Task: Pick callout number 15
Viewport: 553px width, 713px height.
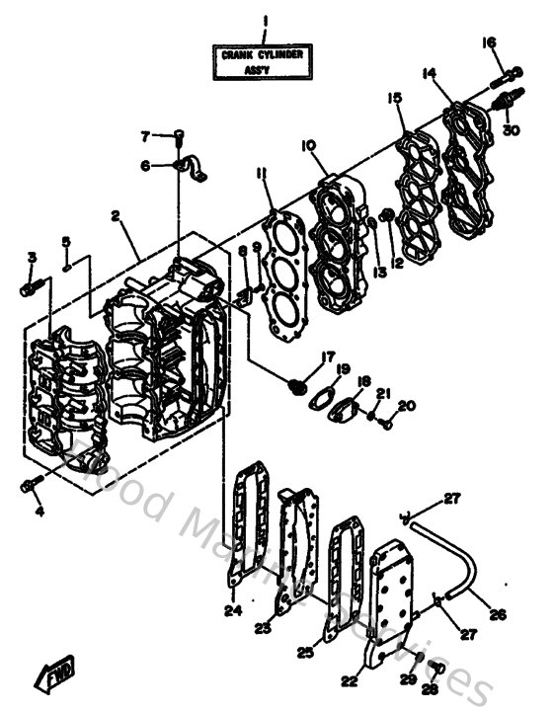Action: tap(394, 98)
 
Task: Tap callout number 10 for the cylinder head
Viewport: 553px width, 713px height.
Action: tap(309, 145)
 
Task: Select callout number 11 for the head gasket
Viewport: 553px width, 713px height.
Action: tap(261, 174)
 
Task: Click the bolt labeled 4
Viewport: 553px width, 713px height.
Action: tap(30, 484)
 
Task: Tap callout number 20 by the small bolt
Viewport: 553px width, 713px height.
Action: tap(407, 406)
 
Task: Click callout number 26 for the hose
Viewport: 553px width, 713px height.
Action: tap(497, 614)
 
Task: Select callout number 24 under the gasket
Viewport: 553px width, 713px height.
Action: tap(233, 610)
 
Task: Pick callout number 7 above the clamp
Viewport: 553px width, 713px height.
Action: tap(144, 135)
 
